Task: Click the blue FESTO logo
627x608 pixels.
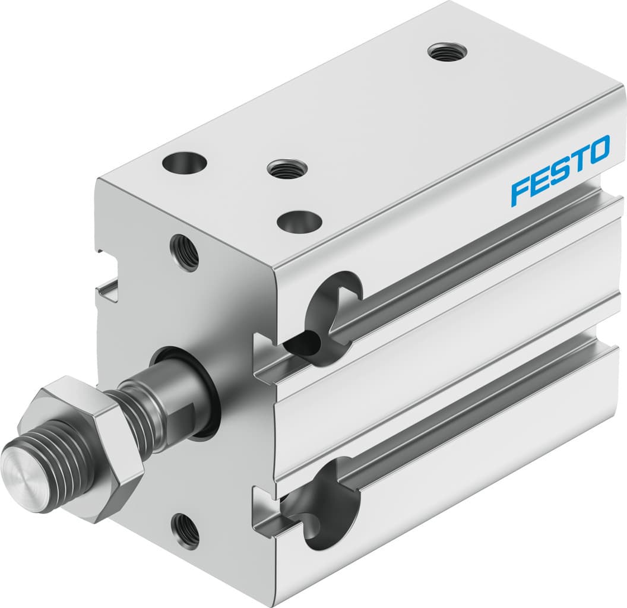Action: pos(560,170)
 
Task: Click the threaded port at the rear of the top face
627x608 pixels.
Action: pos(447,52)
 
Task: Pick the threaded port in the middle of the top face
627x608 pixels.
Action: pos(286,169)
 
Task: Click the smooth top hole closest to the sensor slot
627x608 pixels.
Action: pos(299,222)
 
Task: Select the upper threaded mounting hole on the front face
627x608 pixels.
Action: pos(185,252)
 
